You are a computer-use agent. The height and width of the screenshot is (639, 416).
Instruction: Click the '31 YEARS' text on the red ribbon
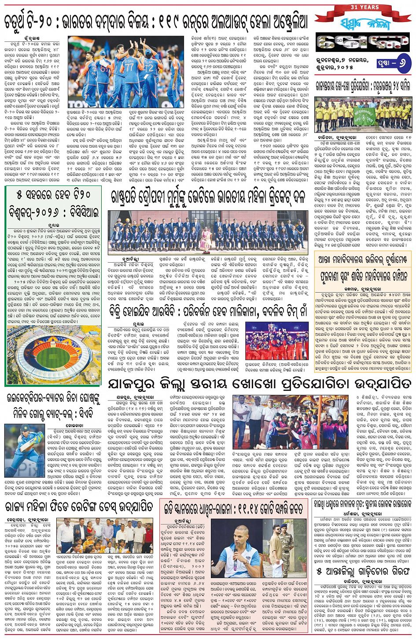(363, 7)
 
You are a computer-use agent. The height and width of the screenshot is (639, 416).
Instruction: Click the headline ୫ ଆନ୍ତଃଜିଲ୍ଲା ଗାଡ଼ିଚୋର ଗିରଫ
(363, 571)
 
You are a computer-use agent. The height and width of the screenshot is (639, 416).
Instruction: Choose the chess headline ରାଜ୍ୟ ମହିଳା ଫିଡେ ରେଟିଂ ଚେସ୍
(79, 507)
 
